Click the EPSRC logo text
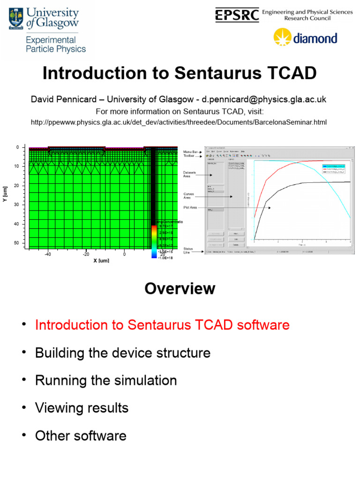(x=237, y=15)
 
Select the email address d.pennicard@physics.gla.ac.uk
(x=264, y=99)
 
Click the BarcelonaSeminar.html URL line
(x=179, y=122)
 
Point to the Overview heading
(x=180, y=288)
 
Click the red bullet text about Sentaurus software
(x=162, y=325)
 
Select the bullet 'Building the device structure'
(x=123, y=352)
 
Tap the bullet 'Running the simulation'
(x=106, y=380)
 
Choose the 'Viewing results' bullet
(x=82, y=408)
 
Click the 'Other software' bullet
(x=81, y=435)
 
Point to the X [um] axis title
(x=101, y=260)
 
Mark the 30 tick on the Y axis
(x=16, y=205)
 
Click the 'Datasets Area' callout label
(x=190, y=174)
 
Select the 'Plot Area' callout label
(x=190, y=207)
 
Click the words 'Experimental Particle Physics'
(x=56, y=45)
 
